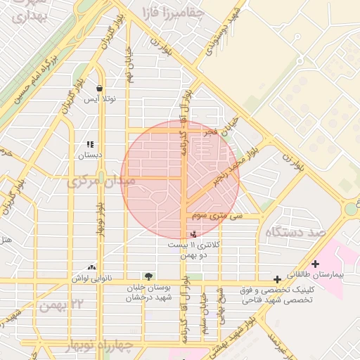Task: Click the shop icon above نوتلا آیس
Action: coord(99,89)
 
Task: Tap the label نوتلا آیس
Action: coord(100,99)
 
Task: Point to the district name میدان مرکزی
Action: coord(93,182)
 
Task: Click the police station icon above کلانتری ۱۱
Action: coord(193,233)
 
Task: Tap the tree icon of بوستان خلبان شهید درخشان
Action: coord(148,276)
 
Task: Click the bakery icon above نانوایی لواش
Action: coord(91,267)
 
